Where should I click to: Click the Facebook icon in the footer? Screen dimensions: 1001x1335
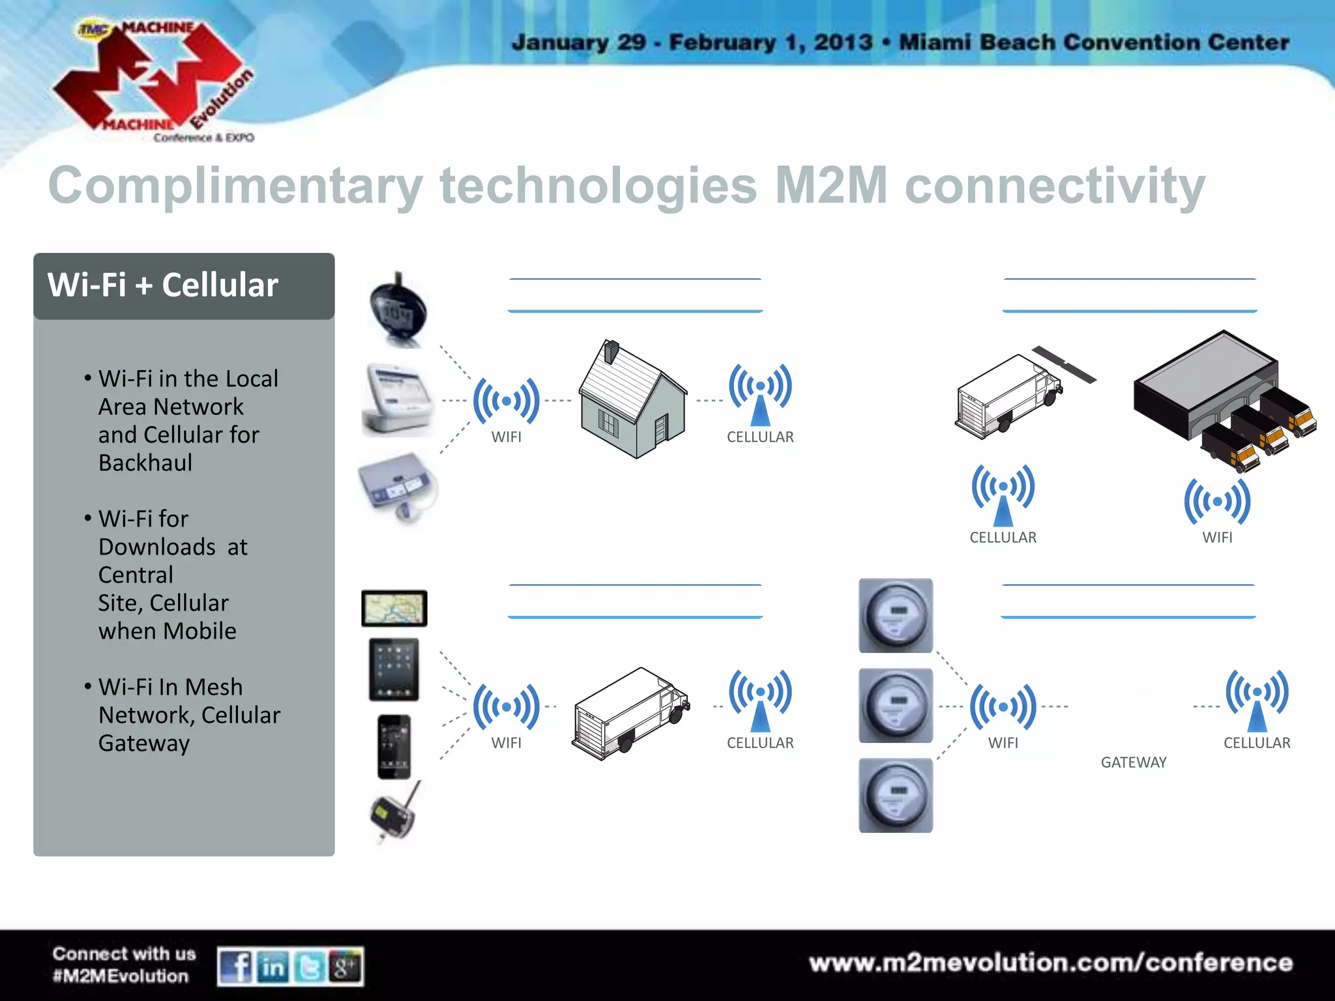235,966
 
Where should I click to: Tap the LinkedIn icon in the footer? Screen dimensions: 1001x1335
273,966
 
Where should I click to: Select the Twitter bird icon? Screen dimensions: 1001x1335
310,966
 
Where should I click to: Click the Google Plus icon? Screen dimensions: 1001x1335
345,966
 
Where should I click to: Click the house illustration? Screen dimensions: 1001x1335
632,400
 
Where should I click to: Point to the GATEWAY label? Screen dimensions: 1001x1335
1134,762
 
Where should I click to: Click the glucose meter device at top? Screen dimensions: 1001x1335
397,310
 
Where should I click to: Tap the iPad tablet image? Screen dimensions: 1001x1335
394,669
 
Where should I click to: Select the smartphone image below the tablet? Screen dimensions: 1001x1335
394,747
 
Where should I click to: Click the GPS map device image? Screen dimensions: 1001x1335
394,608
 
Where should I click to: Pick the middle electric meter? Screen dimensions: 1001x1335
896,706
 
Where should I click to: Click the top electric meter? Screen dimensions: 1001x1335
896,616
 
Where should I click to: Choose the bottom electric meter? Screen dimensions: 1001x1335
896,796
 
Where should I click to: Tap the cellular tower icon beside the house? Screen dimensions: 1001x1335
760,394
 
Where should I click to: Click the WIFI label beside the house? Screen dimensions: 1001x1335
506,437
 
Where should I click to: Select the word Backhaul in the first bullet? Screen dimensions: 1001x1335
145,463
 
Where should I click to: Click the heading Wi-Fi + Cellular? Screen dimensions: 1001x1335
163,285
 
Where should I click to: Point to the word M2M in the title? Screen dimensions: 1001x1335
830,186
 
